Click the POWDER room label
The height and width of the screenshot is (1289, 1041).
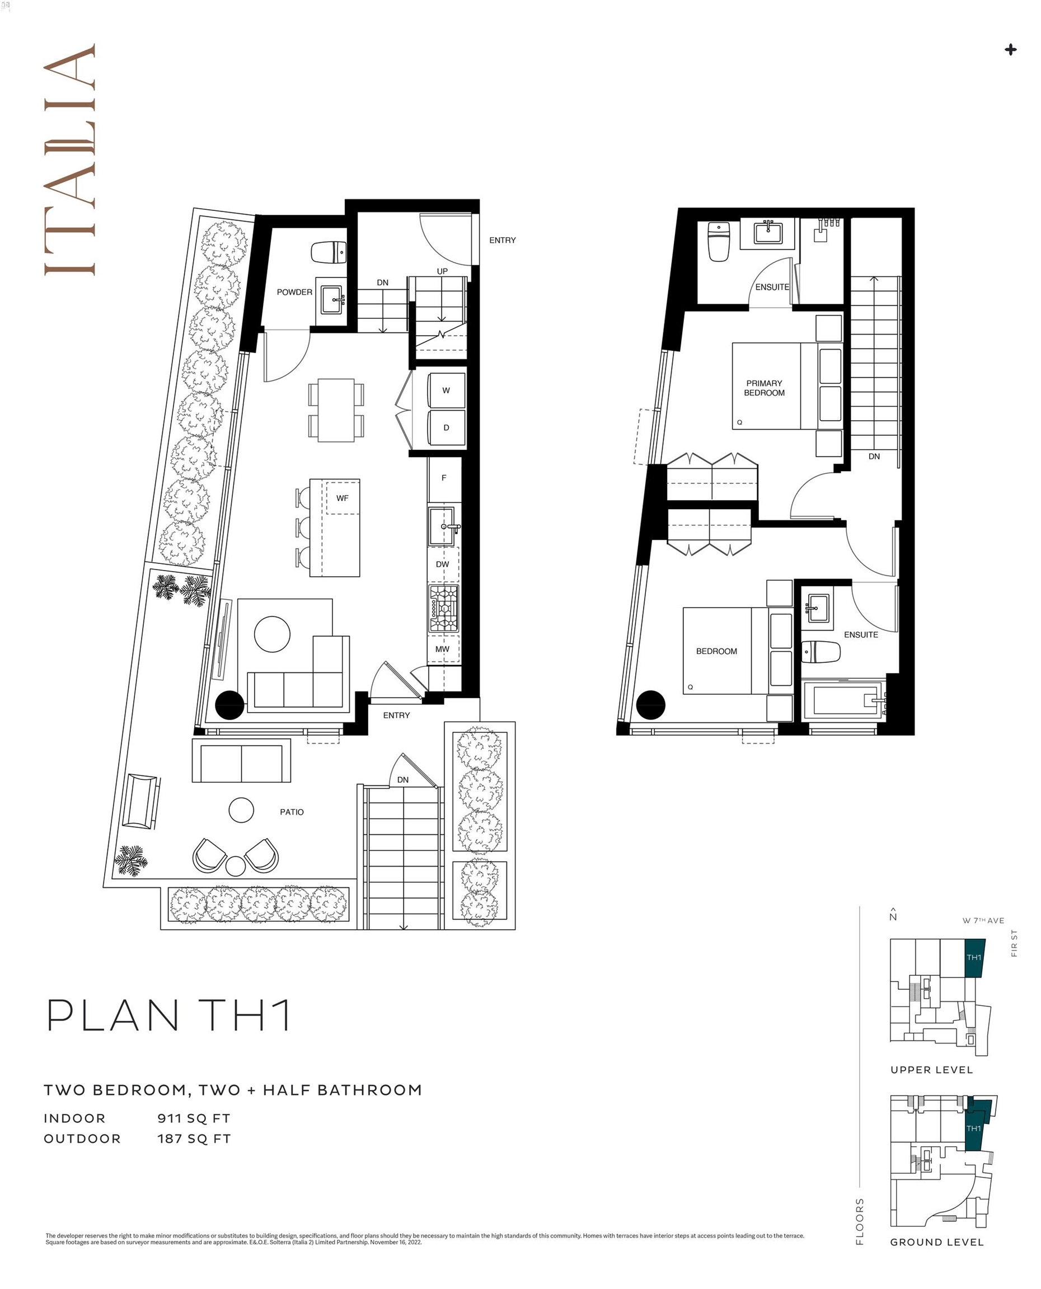pyautogui.click(x=294, y=292)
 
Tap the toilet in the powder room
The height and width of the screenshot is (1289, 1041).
pyautogui.click(x=329, y=252)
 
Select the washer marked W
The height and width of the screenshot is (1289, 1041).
pyautogui.click(x=447, y=390)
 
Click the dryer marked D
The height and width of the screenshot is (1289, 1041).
pyautogui.click(x=447, y=427)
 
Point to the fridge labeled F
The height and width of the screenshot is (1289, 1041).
pyautogui.click(x=444, y=478)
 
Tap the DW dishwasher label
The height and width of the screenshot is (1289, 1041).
pyautogui.click(x=443, y=564)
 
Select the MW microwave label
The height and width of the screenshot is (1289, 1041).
pyautogui.click(x=443, y=649)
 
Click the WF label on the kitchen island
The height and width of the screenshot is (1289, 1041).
pyautogui.click(x=343, y=498)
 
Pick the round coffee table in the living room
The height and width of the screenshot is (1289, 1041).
pyautogui.click(x=272, y=634)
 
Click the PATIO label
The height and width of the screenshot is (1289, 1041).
pyautogui.click(x=292, y=812)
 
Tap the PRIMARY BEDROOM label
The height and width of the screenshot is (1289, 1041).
pyautogui.click(x=765, y=388)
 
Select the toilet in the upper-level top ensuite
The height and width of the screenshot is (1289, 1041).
pyautogui.click(x=719, y=242)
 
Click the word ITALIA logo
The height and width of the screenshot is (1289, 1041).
pyautogui.click(x=69, y=159)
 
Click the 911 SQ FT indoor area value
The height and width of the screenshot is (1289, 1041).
pyautogui.click(x=194, y=1118)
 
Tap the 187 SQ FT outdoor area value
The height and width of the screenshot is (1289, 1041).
pyautogui.click(x=194, y=1139)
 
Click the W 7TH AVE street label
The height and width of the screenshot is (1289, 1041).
pyautogui.click(x=983, y=920)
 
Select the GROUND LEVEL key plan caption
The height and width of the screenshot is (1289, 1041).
pyautogui.click(x=937, y=1242)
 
